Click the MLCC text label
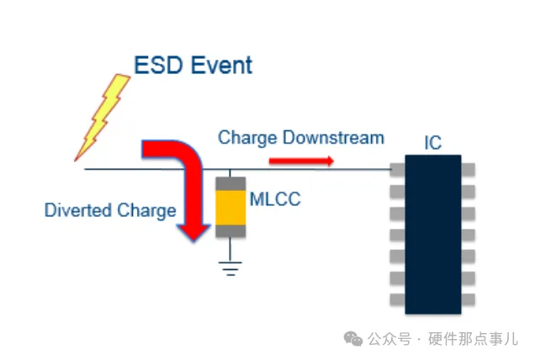274,199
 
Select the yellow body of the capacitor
230,207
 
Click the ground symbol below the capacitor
229,268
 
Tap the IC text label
432,143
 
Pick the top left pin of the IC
396,169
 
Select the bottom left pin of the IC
396,299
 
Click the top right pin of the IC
469,169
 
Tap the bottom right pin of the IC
469,299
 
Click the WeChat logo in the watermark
354,338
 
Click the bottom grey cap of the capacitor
230,230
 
